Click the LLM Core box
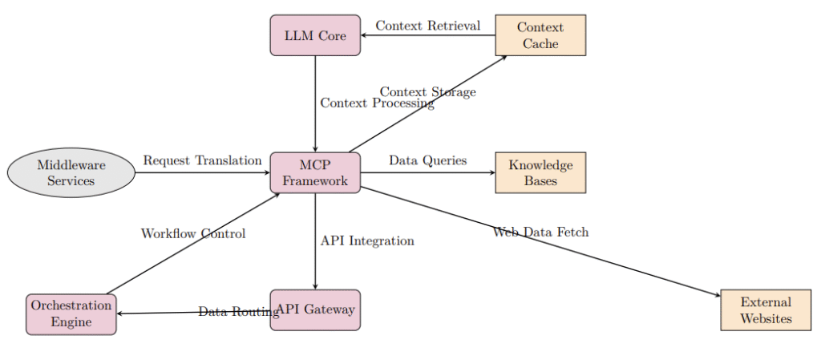[x=315, y=35]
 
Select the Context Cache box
[x=540, y=35]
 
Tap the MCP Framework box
[x=315, y=172]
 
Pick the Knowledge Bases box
[x=540, y=172]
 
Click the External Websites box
[x=766, y=310]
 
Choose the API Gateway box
[x=315, y=310]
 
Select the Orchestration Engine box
[x=71, y=314]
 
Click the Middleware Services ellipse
[x=71, y=172]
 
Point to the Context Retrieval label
[x=427, y=26]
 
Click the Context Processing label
[x=377, y=103]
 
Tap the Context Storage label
[x=427, y=92]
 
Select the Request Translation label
[x=202, y=160]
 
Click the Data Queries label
[x=427, y=160]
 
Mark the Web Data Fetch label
[x=540, y=233]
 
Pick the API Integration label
[x=366, y=241]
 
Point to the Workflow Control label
[x=192, y=234]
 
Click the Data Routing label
[x=238, y=312]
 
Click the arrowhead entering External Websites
[x=717, y=297]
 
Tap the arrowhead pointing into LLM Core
[x=366, y=35]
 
